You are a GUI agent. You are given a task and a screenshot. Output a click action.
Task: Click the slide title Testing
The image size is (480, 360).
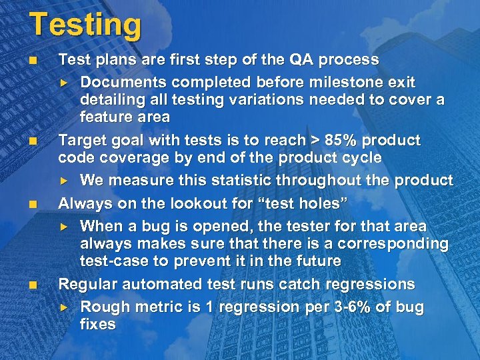[85, 25]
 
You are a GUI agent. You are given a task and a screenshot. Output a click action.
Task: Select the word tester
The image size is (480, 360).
[281, 227]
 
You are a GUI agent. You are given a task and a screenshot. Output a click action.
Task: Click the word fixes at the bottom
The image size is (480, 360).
[98, 325]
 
